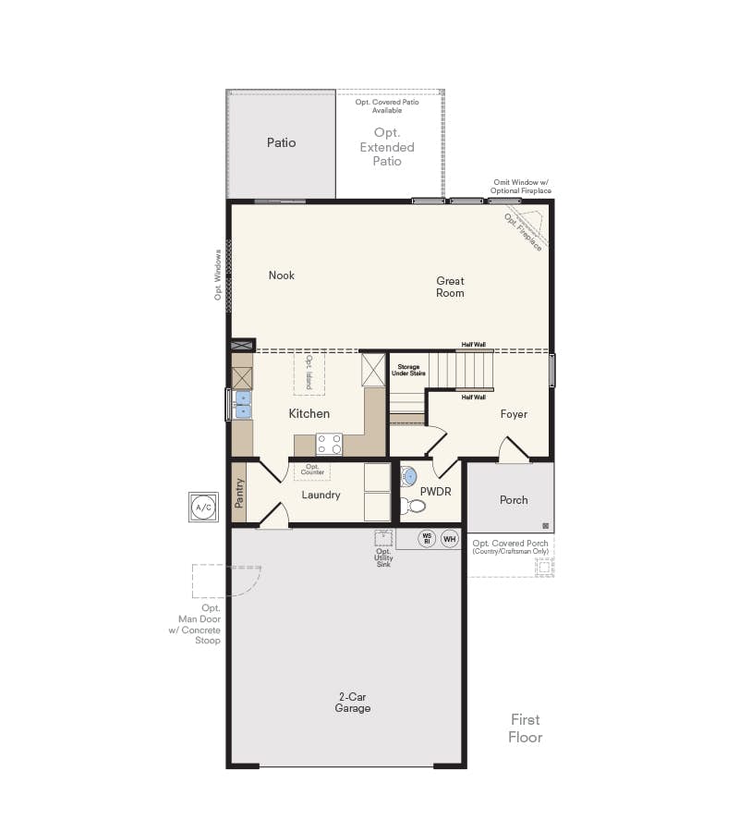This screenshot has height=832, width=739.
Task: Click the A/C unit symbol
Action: click(203, 507)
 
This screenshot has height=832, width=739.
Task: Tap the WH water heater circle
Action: click(450, 539)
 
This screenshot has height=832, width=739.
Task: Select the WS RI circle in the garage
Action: click(427, 539)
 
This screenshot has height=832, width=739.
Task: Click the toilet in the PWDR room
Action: click(413, 506)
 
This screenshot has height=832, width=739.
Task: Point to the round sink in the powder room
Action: click(408, 478)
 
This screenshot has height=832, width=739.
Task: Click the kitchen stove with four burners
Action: click(329, 444)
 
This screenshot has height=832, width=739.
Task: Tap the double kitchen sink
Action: click(242, 405)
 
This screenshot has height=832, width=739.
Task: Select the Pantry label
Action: click(239, 493)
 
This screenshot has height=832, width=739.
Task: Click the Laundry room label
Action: click(321, 495)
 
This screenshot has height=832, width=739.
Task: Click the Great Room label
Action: click(450, 287)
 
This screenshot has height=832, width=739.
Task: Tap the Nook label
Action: click(282, 275)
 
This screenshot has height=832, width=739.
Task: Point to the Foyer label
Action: click(514, 414)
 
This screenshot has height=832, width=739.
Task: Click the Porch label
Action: click(514, 499)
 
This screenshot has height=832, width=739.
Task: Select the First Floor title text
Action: click(526, 728)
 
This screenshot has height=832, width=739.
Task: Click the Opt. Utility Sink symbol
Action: click(383, 538)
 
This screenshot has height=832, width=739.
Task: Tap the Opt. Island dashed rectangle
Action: click(309, 373)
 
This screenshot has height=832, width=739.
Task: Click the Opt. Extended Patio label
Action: click(387, 147)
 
